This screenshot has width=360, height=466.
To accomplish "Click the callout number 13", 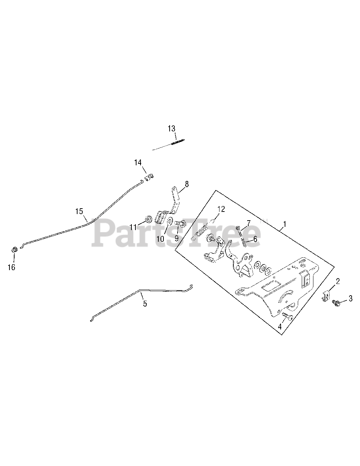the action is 171,129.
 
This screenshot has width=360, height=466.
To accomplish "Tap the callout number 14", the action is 138,162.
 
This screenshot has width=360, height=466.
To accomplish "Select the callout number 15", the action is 79,211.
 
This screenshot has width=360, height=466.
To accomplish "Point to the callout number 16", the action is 11,267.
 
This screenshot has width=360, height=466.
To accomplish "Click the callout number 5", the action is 145,304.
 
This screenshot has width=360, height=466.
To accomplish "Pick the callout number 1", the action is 285,224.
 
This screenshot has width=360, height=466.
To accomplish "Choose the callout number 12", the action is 221,209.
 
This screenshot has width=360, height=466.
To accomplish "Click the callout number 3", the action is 351,299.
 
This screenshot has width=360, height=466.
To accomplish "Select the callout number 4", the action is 280,327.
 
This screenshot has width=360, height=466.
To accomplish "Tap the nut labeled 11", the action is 148,219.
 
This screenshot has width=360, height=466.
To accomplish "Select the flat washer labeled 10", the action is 170,221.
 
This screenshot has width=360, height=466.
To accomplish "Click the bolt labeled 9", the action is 180,223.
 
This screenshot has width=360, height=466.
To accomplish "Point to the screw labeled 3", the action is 336,303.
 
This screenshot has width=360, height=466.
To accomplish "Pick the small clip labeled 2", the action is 327,295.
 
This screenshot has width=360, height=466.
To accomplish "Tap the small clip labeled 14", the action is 149,177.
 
